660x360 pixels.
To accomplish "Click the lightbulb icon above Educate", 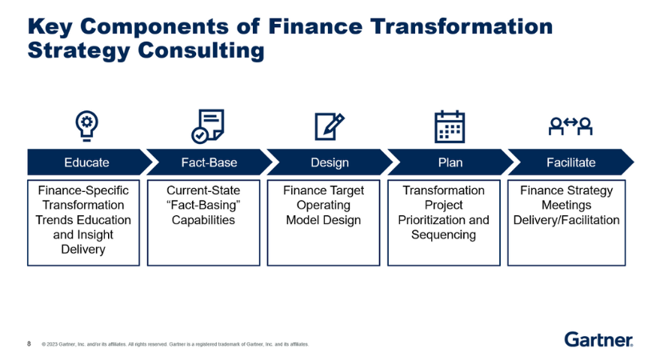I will pos(87,126).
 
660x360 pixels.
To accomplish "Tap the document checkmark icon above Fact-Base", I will pos(208,126).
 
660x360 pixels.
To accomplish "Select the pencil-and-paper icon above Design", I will pos(329,126).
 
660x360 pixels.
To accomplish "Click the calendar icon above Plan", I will pos(450,126).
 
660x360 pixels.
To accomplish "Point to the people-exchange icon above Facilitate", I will pos(570,125).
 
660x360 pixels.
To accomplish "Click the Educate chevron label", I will pos(86,162).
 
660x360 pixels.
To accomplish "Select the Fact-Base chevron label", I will pos(209,162).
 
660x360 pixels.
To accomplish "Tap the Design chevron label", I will pos(330,162).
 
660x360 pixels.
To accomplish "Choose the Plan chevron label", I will pos(450,162).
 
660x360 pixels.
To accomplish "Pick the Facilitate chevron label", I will pos(570,162).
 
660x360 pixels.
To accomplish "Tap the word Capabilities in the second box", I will pos(203,220).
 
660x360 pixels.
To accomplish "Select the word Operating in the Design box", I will pos(324,206).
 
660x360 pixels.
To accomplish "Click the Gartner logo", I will pos(598,339).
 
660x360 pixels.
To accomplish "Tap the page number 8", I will pos(30,344).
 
